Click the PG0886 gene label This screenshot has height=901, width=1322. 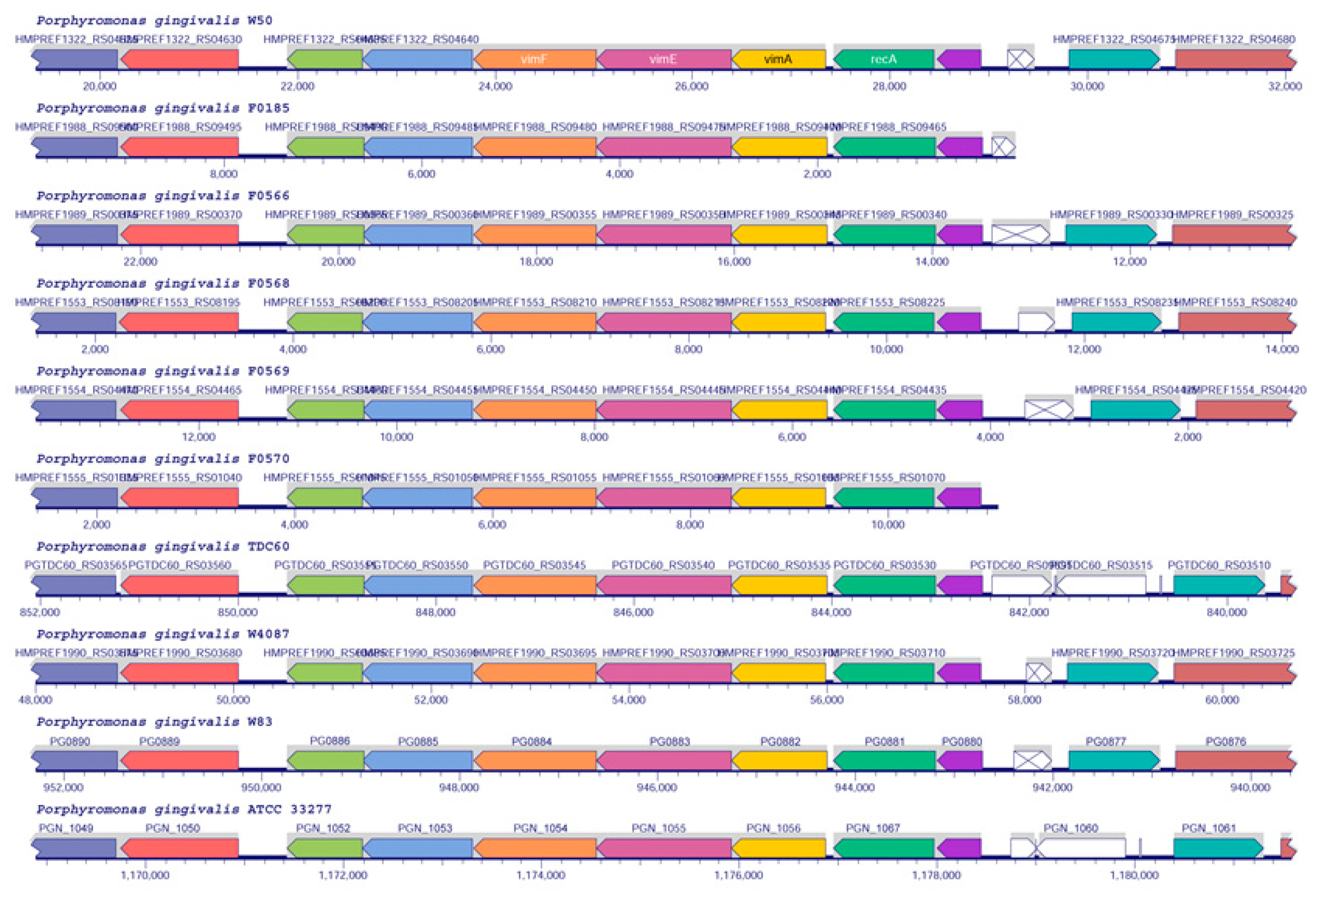pyautogui.click(x=329, y=740)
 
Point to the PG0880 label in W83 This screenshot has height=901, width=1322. pyautogui.click(x=961, y=741)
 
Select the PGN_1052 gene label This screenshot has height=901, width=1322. pyautogui.click(x=323, y=828)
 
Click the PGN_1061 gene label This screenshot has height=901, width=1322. pyautogui.click(x=1208, y=828)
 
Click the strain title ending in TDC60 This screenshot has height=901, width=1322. pyautogui.click(x=163, y=546)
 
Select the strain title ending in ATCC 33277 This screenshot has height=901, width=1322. pyautogui.click(x=184, y=809)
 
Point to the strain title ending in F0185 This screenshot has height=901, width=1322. pyautogui.click(x=163, y=108)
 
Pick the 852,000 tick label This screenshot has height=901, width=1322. pyautogui.click(x=39, y=612)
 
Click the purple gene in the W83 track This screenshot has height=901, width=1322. pyautogui.click(x=960, y=760)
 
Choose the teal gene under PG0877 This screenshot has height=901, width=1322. pyautogui.click(x=1113, y=760)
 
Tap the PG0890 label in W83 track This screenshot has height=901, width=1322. pyautogui.click(x=70, y=741)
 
